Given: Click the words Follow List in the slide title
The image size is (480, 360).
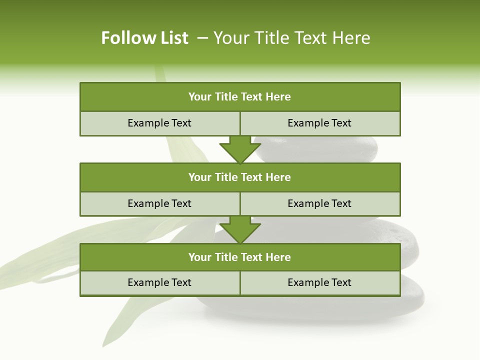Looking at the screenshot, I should pyautogui.click(x=144, y=38).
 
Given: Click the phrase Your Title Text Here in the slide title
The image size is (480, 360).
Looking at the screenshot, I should pyautogui.click(x=292, y=38).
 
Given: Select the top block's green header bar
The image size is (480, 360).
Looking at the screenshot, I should pyautogui.click(x=240, y=97).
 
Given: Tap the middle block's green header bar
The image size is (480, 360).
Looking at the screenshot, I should pyautogui.click(x=240, y=177).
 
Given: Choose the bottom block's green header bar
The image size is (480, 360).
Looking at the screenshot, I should pyautogui.click(x=240, y=257).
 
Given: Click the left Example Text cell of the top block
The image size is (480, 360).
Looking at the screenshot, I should pyautogui.click(x=159, y=123).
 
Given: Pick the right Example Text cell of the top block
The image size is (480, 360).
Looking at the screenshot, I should pyautogui.click(x=319, y=123).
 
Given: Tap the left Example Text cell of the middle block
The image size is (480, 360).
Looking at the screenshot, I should pyautogui.click(x=159, y=203).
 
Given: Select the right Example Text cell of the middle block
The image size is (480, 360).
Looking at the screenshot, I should pyautogui.click(x=319, y=203).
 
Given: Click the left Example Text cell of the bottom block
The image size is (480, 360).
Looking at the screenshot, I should pyautogui.click(x=159, y=282).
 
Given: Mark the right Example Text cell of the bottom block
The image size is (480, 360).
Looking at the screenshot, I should pyautogui.click(x=319, y=282).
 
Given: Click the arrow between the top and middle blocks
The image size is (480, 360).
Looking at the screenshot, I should pyautogui.click(x=240, y=149).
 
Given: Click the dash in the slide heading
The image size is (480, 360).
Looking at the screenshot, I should pyautogui.click(x=203, y=38).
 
